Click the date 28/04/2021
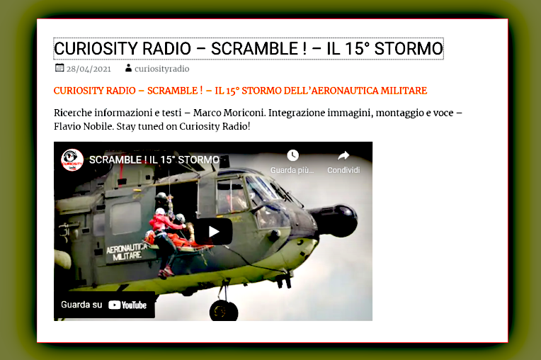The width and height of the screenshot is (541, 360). (89, 69)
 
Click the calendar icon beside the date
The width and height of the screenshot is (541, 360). (59, 67)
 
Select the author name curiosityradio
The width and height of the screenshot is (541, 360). (162, 69)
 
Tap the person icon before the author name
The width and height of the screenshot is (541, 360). (128, 68)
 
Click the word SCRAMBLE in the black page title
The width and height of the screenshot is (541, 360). (255, 49)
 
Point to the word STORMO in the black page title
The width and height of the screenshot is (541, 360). (409, 49)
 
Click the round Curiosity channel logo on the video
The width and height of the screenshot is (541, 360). (72, 160)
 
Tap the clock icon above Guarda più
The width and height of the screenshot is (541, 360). (292, 155)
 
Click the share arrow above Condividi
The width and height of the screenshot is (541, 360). (343, 156)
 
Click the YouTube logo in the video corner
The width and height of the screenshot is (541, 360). (127, 305)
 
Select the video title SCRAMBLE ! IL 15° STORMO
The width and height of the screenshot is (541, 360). (154, 160)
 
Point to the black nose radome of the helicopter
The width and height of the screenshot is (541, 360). (338, 220)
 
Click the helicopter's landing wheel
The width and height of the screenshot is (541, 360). (224, 310)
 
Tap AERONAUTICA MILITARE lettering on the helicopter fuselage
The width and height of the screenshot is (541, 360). (127, 252)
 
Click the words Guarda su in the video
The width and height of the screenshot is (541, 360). (81, 305)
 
